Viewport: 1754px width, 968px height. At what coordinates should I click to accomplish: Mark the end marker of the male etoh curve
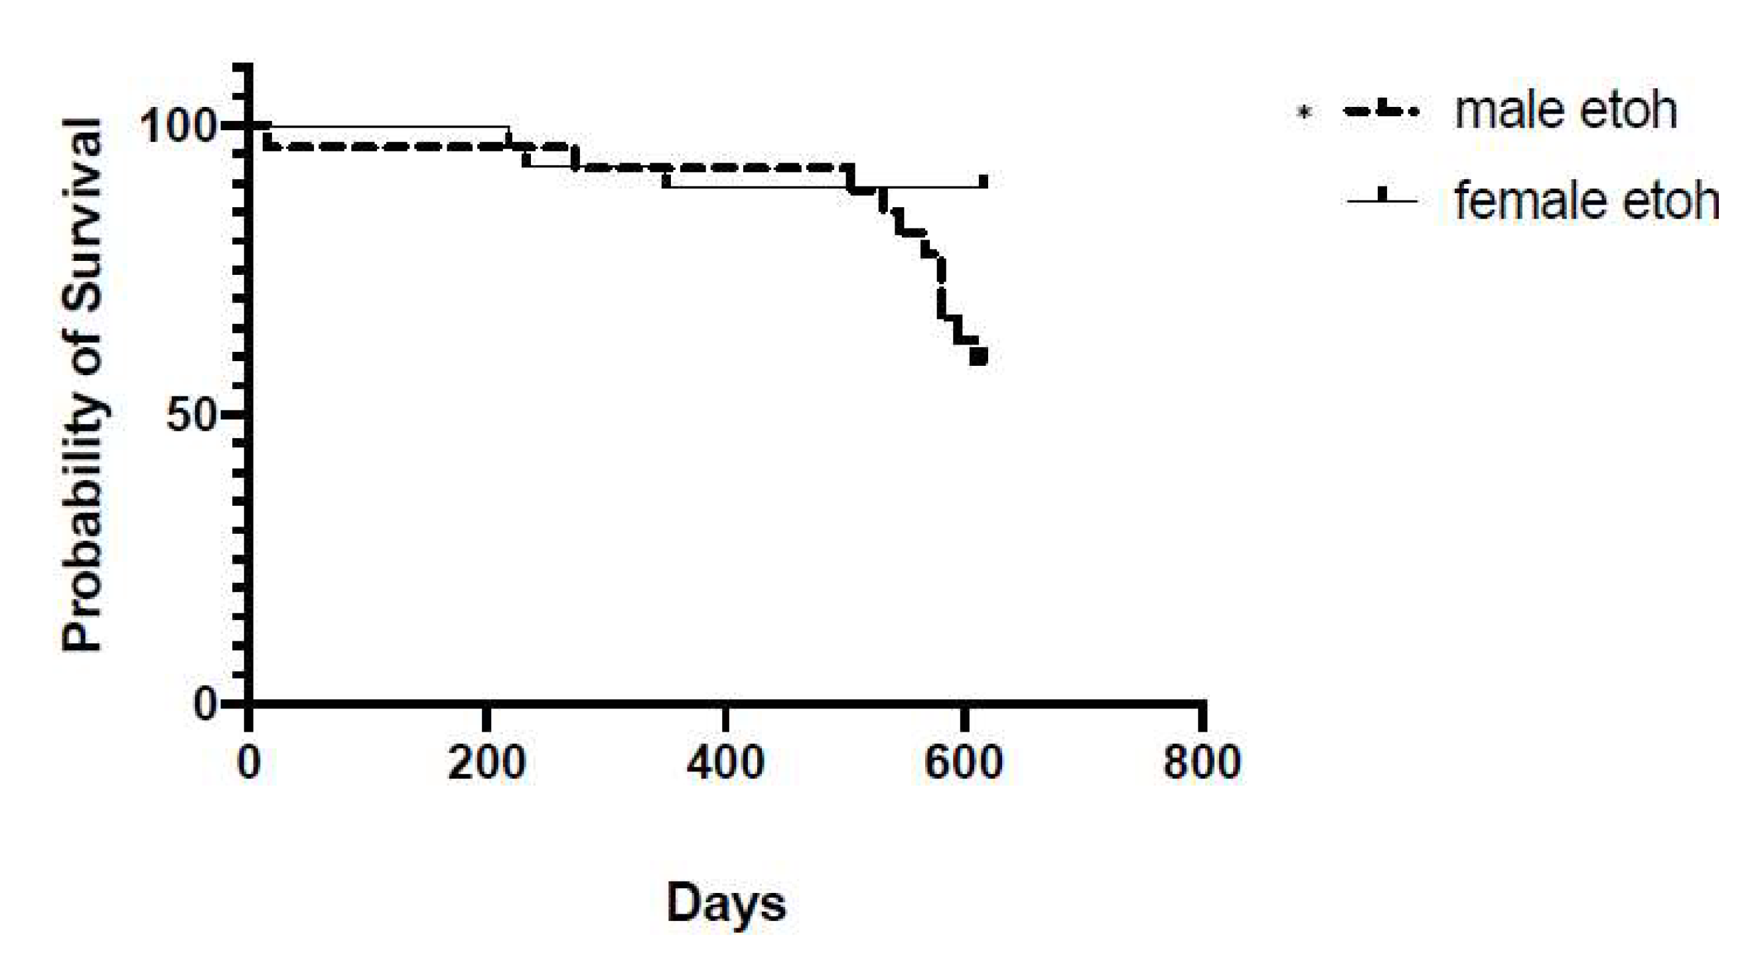978,357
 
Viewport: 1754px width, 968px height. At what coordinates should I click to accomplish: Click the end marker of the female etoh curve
984,181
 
